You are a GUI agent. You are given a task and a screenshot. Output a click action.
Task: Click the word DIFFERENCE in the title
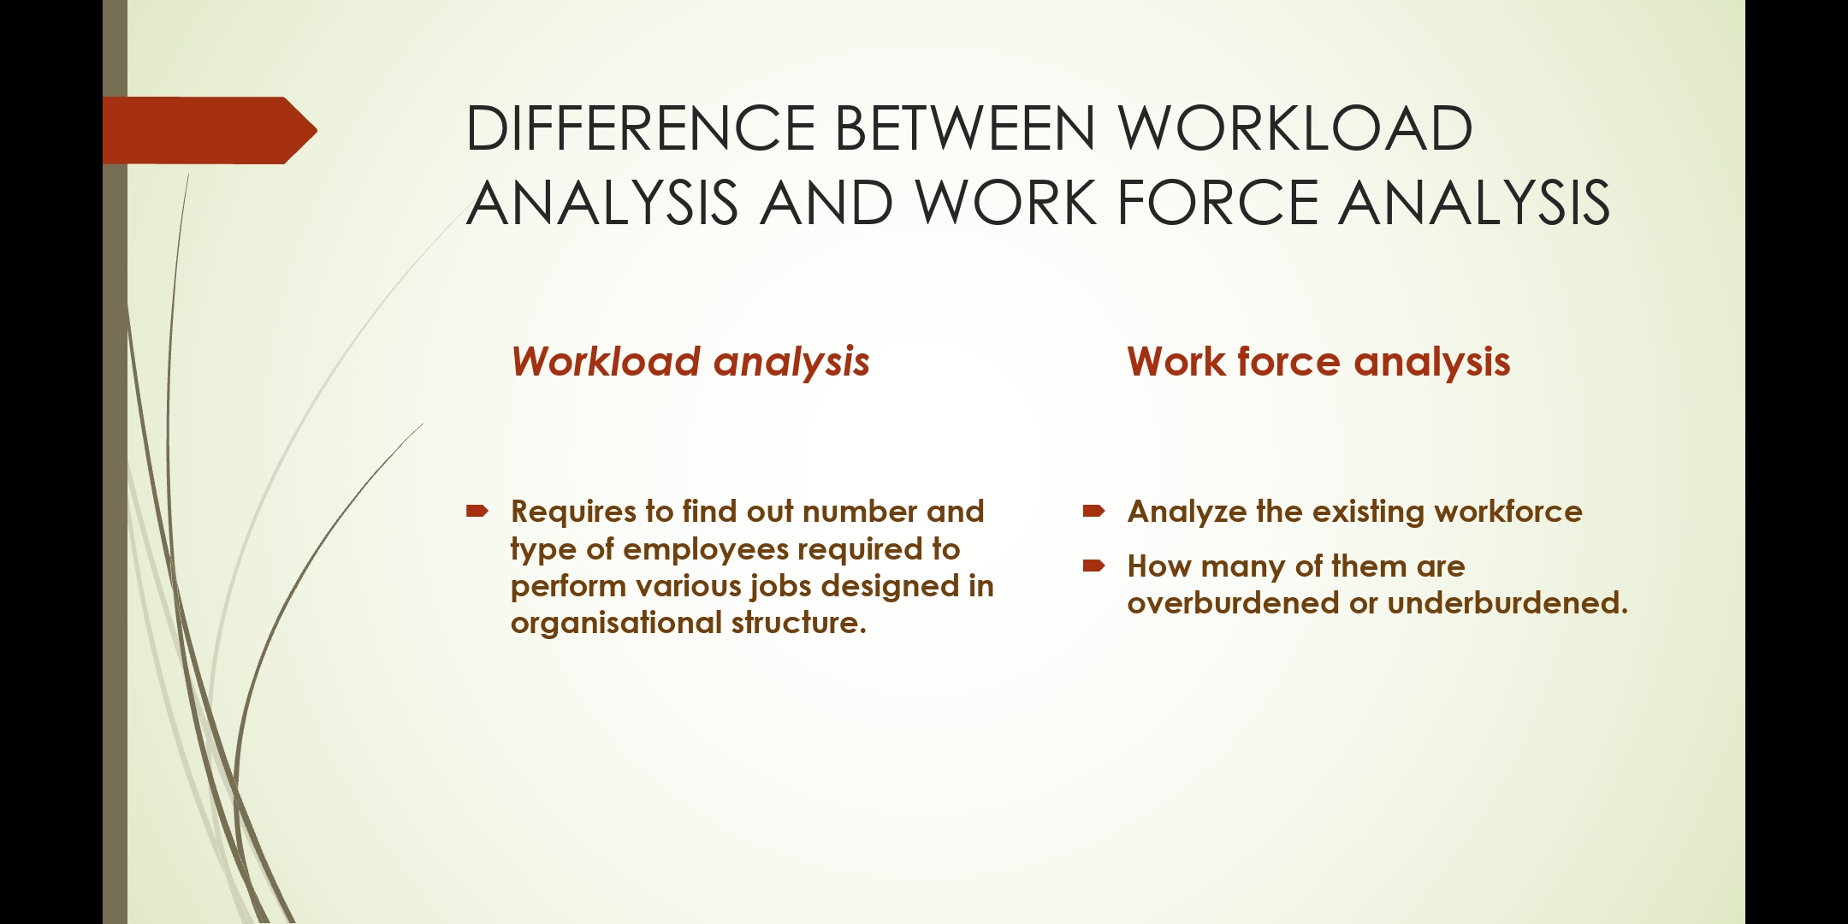pos(640,128)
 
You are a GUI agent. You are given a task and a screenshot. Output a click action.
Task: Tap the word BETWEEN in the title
pos(964,128)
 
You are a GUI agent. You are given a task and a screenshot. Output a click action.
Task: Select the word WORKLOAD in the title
pos(1295,128)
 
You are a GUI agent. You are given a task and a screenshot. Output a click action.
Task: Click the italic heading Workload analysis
pos(690,362)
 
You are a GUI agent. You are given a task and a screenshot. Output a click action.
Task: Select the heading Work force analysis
pos(1318,362)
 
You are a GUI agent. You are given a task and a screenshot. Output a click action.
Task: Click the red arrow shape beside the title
pos(210,130)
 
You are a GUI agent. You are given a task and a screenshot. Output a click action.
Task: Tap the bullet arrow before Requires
pos(477,512)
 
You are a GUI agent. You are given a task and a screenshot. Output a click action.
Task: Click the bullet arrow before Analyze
pos(1093,512)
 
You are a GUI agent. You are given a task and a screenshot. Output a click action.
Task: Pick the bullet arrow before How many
pos(1093,566)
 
